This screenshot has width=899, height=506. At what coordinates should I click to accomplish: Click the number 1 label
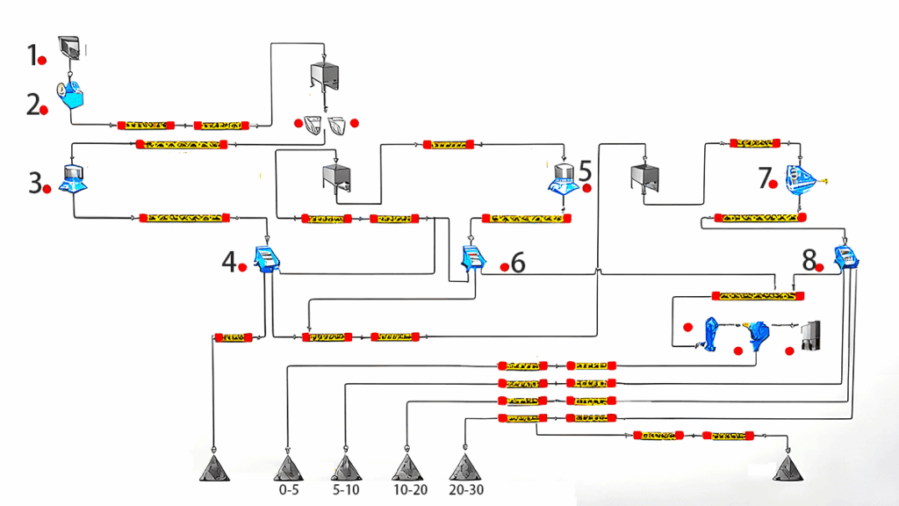32,57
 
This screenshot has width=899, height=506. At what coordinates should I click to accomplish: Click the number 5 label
586,170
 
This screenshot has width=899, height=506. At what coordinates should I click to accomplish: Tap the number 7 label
764,178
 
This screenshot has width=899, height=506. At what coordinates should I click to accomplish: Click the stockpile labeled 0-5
288,467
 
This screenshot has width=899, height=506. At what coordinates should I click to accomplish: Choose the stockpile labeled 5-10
346,467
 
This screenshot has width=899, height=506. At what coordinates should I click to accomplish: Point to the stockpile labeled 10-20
406,467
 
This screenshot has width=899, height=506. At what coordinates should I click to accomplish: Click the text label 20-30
465,489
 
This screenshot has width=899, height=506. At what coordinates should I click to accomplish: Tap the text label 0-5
289,489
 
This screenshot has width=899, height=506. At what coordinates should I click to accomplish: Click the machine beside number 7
800,179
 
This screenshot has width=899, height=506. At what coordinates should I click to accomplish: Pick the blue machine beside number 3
71,177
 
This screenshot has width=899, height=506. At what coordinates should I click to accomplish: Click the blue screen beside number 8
846,256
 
